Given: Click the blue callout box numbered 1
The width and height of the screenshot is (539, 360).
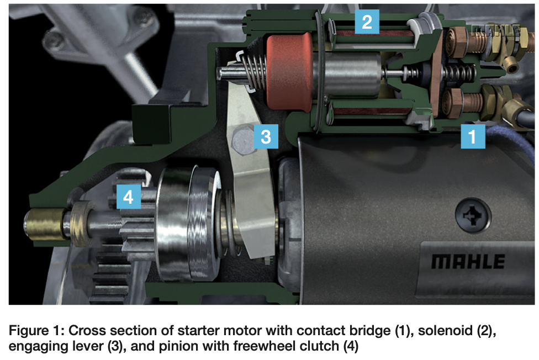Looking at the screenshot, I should (473, 135).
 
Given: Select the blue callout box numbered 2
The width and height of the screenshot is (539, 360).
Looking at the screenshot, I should (367, 23).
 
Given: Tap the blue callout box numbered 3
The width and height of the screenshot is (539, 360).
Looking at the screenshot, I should (266, 135).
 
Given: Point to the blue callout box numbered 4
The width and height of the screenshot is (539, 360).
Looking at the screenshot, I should (129, 197).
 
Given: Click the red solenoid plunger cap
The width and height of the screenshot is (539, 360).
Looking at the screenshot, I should (288, 72).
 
